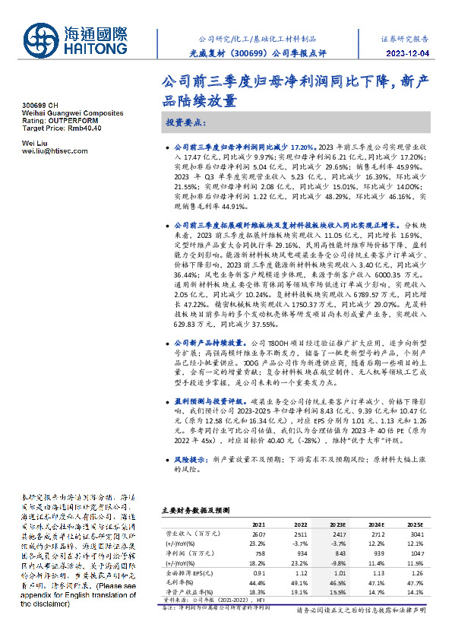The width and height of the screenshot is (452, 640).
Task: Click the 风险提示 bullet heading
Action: tap(192, 460)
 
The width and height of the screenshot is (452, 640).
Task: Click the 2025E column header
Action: tap(415, 524)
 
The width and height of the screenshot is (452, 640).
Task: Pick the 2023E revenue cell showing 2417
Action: tap(336, 534)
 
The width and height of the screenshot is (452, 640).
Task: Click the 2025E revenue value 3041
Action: tap(415, 534)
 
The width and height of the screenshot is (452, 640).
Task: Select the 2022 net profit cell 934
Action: tap(299, 554)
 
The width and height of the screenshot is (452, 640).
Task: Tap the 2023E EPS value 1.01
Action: tap(337, 573)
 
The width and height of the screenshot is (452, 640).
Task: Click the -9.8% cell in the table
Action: tap(336, 563)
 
